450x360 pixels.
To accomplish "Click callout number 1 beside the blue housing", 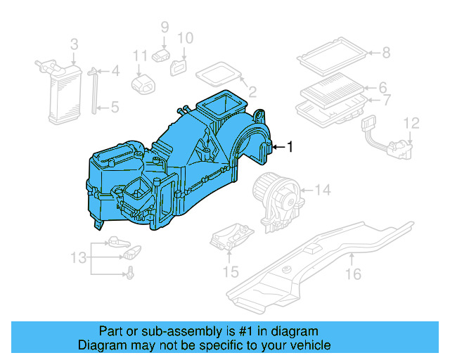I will click(x=288, y=146).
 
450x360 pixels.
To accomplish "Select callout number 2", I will click(x=252, y=91).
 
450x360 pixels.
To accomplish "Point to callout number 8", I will click(x=385, y=52).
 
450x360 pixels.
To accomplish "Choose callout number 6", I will click(x=383, y=88).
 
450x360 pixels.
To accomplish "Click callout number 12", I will click(x=411, y=124).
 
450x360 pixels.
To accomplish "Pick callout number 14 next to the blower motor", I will click(x=322, y=190).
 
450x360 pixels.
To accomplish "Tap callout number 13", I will click(x=79, y=257).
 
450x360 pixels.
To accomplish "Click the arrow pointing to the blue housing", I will click(x=277, y=146).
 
